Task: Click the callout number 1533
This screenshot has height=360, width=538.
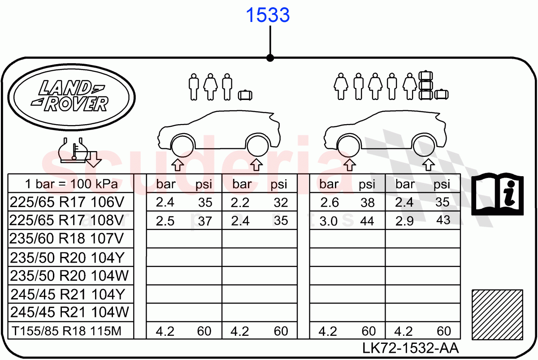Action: (x=268, y=16)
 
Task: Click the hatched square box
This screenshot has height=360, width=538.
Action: (x=497, y=314)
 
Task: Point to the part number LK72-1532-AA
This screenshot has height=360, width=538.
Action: (x=411, y=347)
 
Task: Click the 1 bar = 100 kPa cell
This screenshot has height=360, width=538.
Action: (x=71, y=184)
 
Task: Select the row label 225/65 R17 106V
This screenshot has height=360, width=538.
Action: (x=66, y=203)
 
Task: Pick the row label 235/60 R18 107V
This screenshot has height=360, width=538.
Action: (x=66, y=239)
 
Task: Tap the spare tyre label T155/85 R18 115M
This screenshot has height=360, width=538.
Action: (x=66, y=331)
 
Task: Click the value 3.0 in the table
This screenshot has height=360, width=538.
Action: (x=330, y=221)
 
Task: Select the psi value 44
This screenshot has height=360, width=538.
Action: (x=367, y=221)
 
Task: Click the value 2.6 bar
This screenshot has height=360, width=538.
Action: (x=330, y=203)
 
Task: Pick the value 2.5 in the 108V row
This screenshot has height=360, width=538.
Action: (x=165, y=221)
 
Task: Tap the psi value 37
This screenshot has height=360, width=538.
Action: (x=205, y=221)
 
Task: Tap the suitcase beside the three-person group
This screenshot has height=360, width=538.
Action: (x=245, y=95)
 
